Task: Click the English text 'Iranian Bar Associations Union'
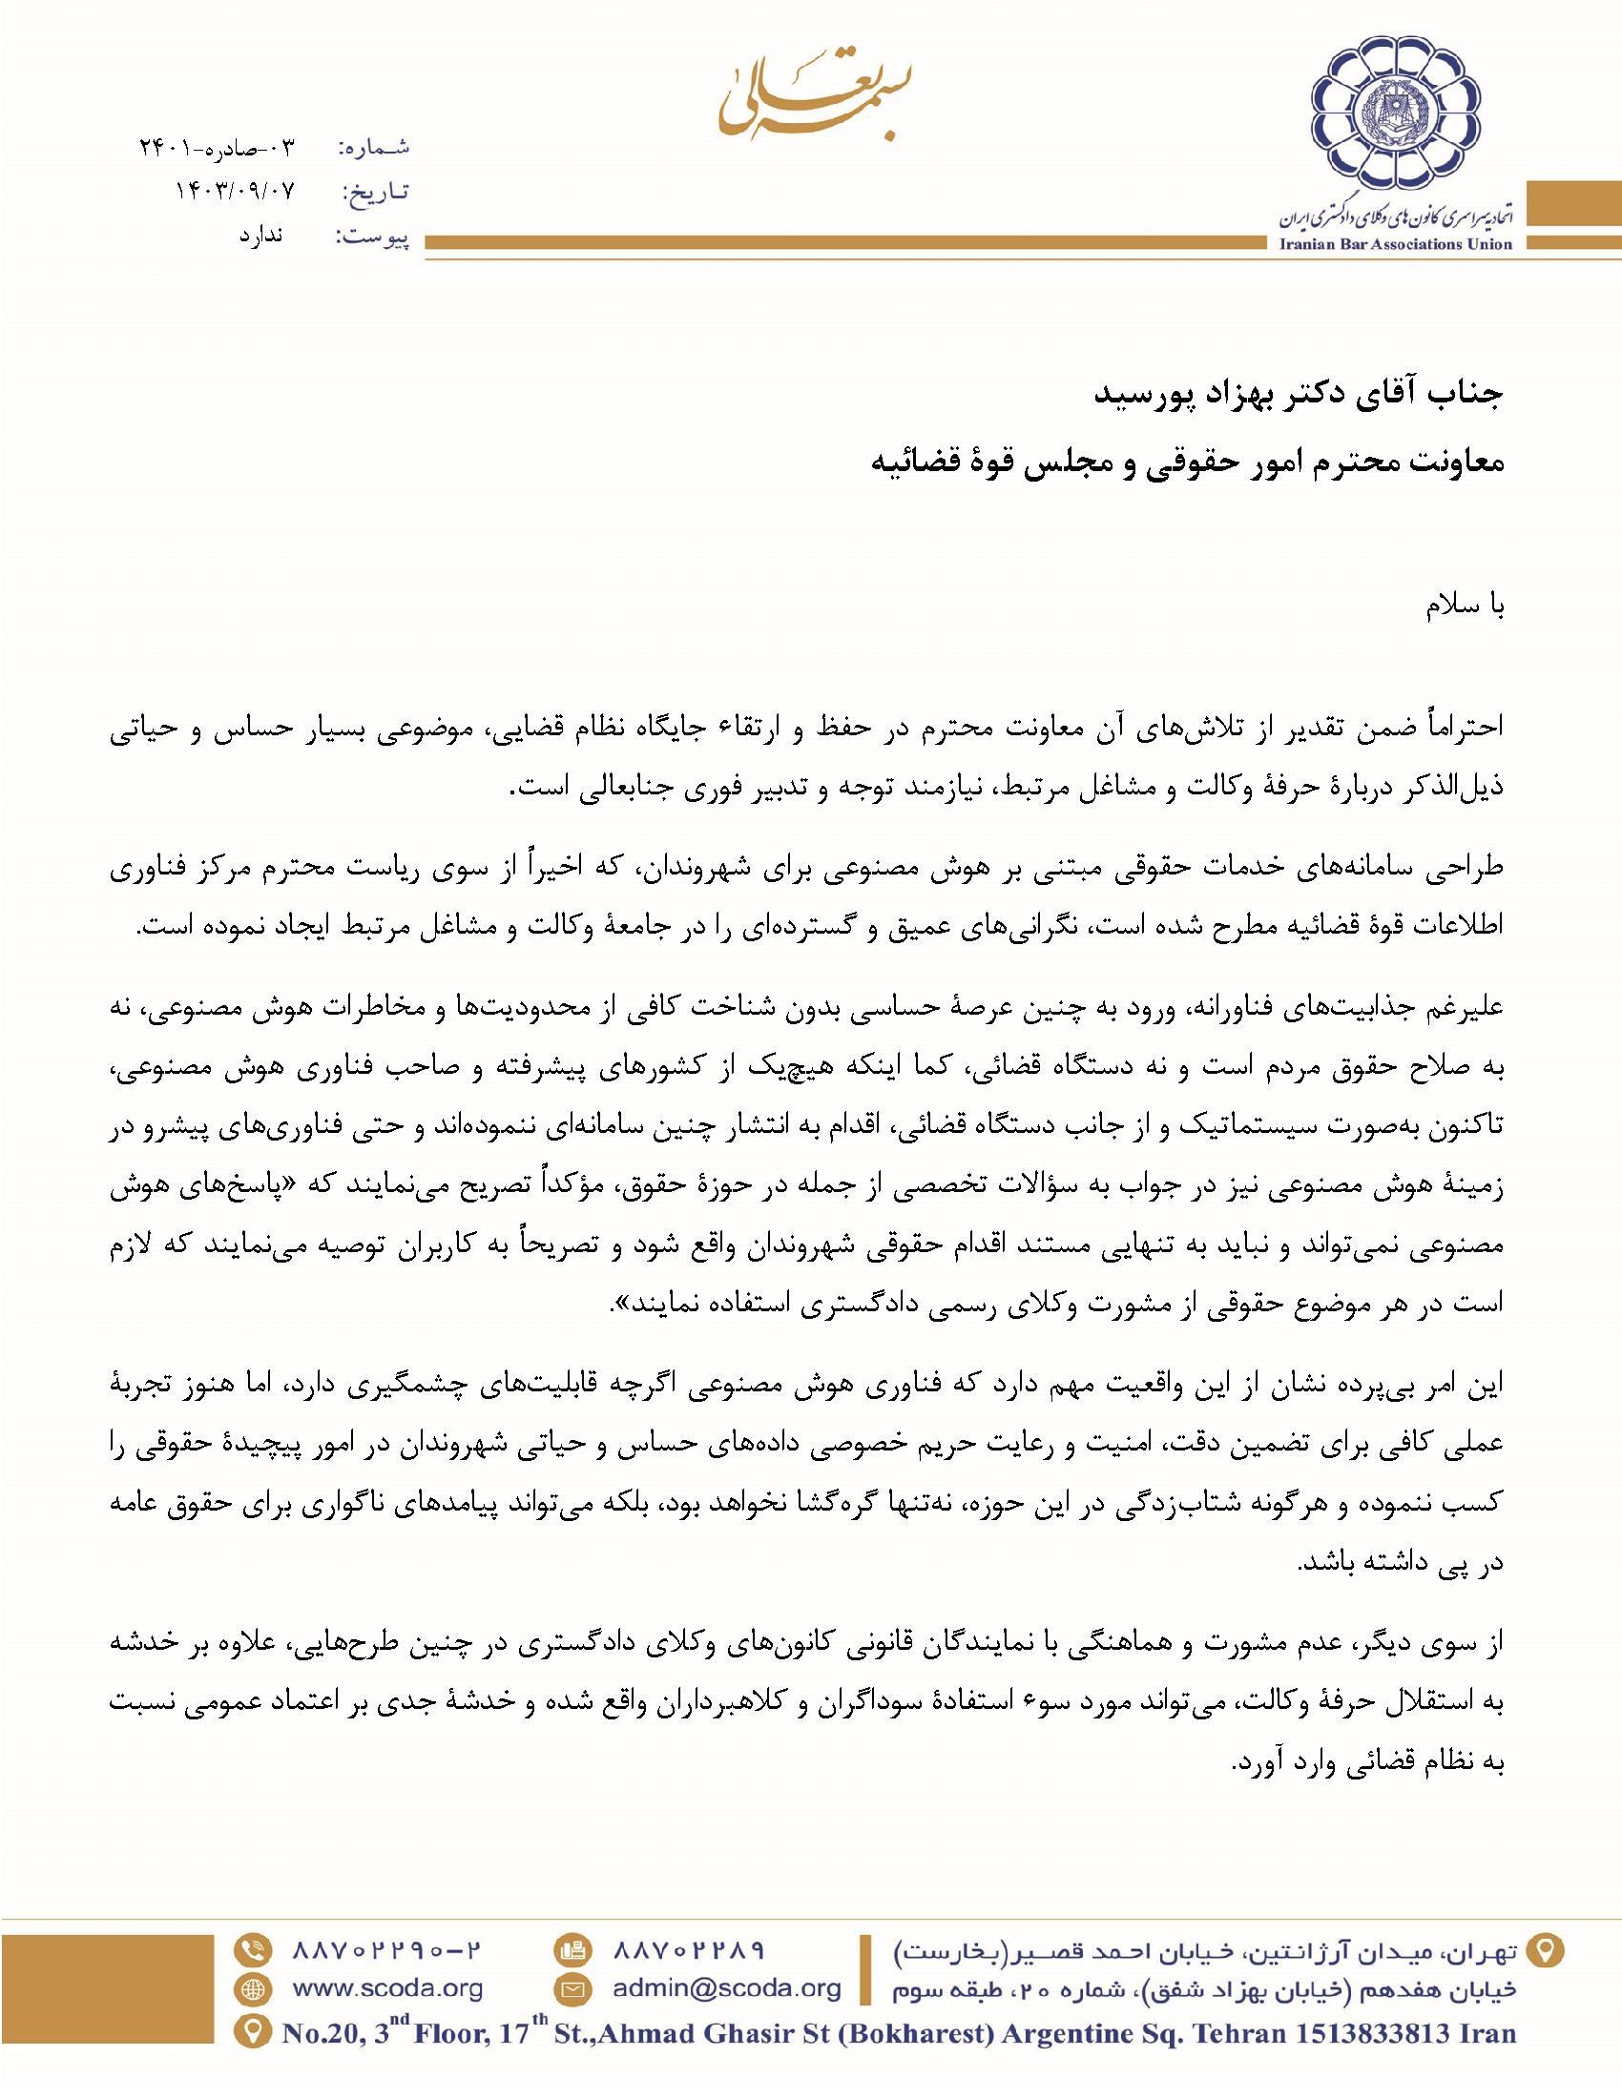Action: tap(1395, 244)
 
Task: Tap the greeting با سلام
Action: tap(1464, 608)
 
